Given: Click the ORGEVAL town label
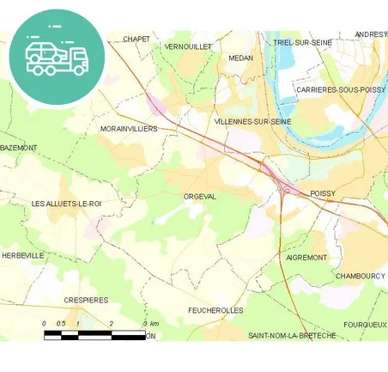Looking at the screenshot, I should (200, 197).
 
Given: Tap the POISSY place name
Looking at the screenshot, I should (323, 194).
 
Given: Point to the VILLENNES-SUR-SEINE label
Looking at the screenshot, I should (253, 122).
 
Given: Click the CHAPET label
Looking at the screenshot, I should (136, 39).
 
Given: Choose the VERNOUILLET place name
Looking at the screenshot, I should (188, 46).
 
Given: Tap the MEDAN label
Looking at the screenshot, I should (240, 58).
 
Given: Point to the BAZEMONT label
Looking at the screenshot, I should (19, 148).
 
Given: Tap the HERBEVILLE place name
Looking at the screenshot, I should (22, 256).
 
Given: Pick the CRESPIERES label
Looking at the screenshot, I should (87, 300).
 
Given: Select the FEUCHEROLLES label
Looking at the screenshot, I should (215, 310).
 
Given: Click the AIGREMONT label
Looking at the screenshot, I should (305, 257).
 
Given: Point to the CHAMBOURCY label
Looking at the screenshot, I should (360, 276).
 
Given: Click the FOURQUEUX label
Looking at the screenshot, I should (365, 325).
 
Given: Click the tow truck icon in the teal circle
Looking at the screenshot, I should (57, 58).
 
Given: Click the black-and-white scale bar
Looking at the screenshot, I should (94, 333).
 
